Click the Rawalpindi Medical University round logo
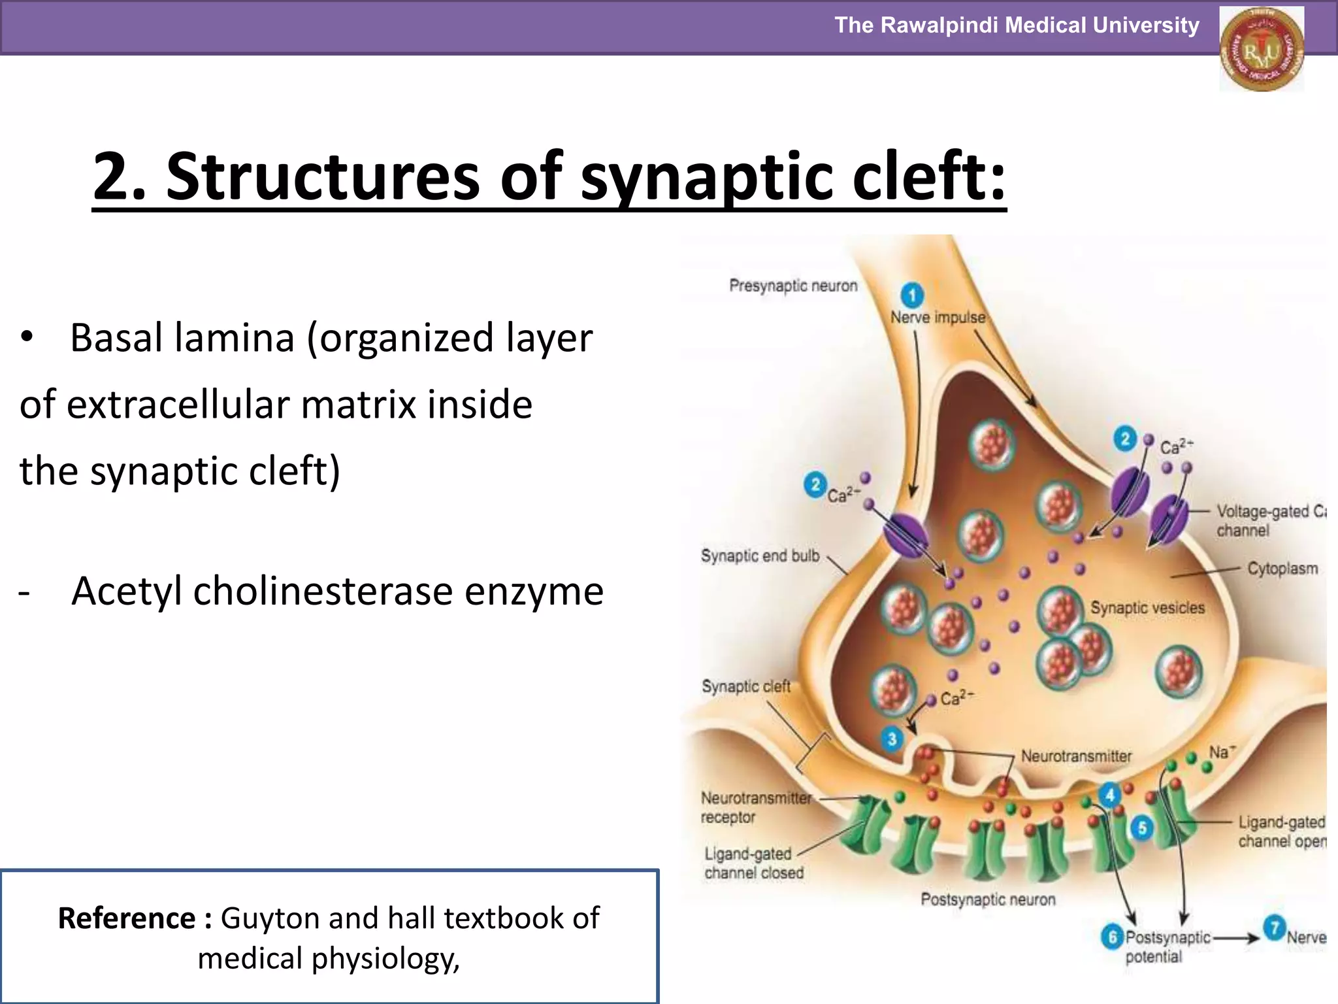point(1262,49)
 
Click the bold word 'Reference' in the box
point(127,918)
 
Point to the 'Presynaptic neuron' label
point(792,286)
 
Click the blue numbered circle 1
point(912,294)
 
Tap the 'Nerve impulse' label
point(938,318)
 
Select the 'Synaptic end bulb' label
point(760,556)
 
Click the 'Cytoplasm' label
point(1282,568)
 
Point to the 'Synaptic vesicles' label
point(1147,607)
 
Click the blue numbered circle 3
point(892,739)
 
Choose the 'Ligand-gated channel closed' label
point(753,863)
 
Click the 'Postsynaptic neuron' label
point(988,899)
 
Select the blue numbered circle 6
point(1112,937)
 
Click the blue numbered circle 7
point(1273,928)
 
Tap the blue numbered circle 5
point(1142,828)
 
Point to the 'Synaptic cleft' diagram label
point(745,686)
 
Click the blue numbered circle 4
point(1109,795)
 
